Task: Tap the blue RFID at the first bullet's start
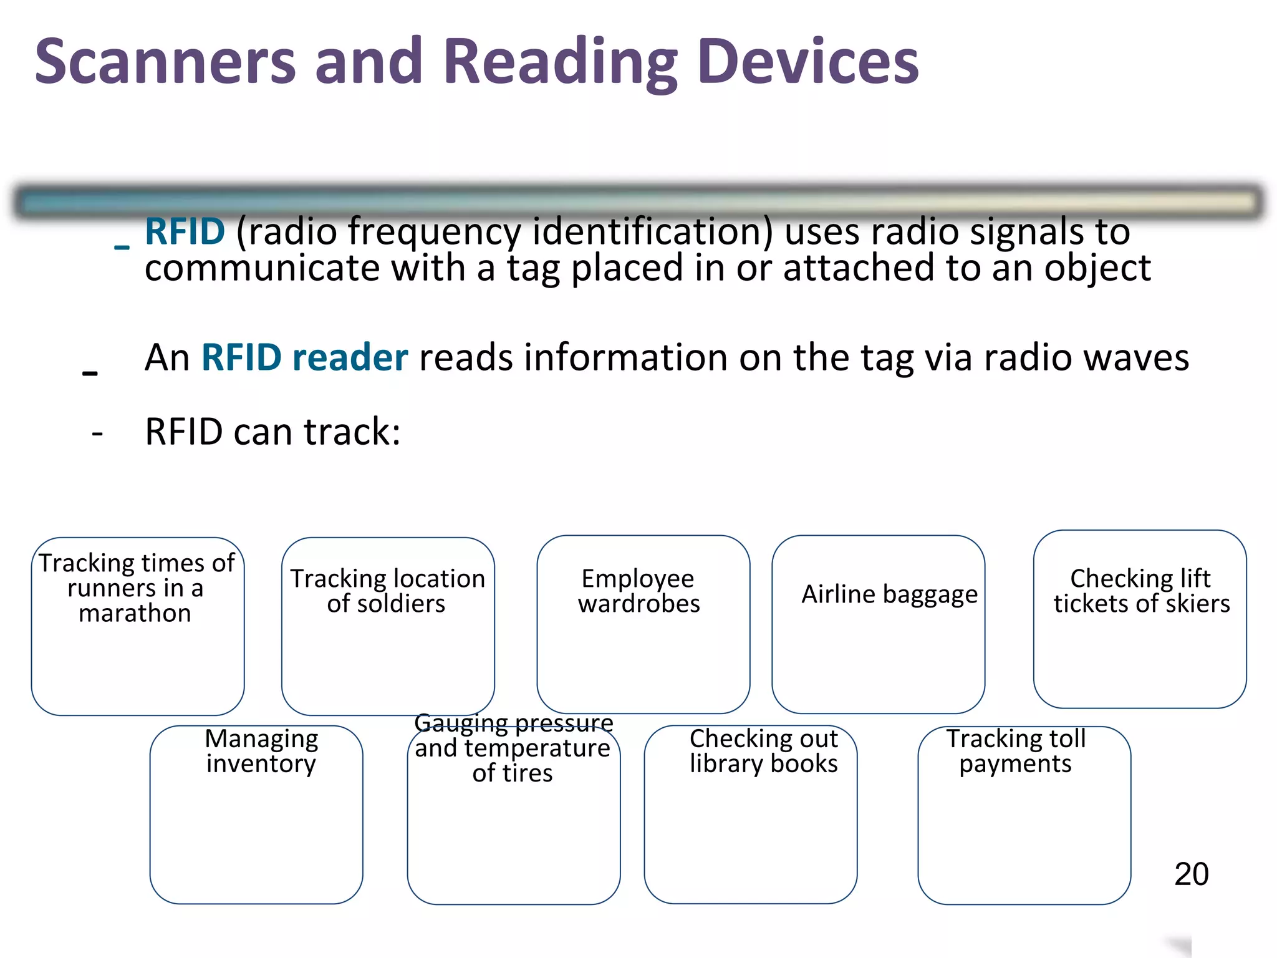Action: (x=185, y=231)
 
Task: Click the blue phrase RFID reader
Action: (x=304, y=357)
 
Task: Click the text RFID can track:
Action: (x=272, y=432)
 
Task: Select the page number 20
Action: (x=1191, y=874)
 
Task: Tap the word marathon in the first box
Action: (x=135, y=614)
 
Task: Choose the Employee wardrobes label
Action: (x=638, y=591)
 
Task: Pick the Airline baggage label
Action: (x=889, y=594)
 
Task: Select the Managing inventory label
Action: (x=261, y=751)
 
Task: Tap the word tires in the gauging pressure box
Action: (x=529, y=773)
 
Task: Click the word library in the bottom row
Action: (x=726, y=764)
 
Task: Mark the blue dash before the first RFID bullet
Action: (x=122, y=247)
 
